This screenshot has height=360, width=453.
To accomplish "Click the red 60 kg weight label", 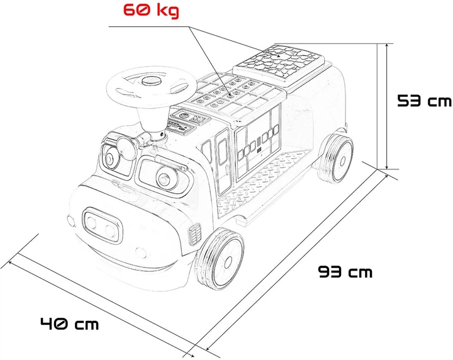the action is [151, 11].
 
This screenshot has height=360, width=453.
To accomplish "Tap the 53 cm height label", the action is [424, 101].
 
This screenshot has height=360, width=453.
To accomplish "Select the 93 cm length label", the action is [345, 272].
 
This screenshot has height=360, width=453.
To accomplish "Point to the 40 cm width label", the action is [70, 323].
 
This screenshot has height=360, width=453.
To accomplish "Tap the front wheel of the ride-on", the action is [220, 259].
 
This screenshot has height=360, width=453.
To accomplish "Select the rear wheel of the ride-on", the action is [336, 159].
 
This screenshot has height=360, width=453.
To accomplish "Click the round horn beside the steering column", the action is [126, 148].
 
